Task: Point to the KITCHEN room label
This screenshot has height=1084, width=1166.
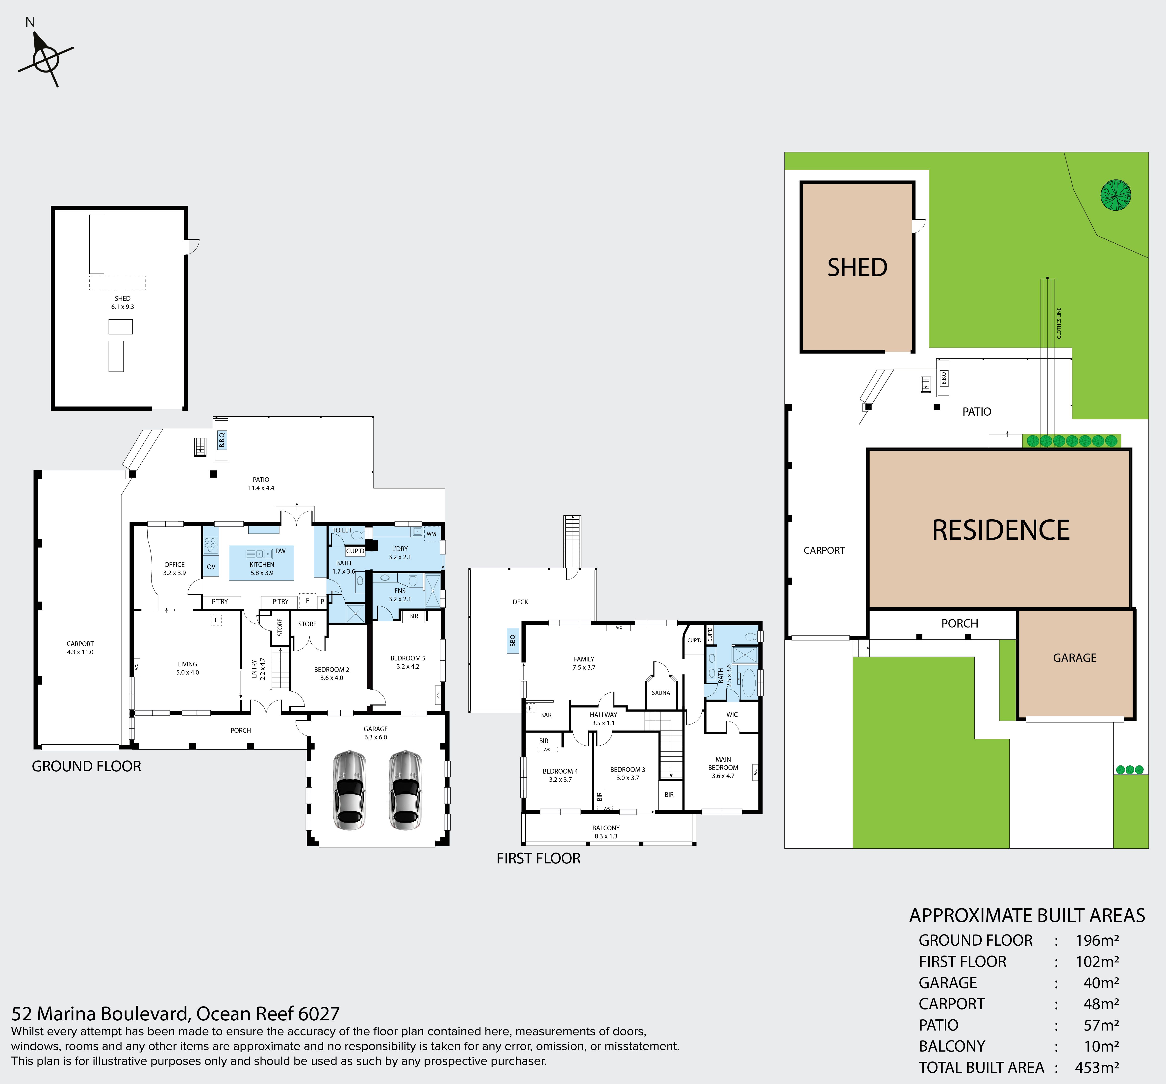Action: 262,564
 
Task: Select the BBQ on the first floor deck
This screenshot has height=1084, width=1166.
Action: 513,641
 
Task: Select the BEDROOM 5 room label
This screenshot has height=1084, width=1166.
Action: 408,658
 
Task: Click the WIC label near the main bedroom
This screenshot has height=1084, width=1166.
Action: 732,714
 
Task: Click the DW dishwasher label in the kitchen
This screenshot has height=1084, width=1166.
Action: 280,551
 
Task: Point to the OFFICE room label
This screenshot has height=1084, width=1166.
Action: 174,564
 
